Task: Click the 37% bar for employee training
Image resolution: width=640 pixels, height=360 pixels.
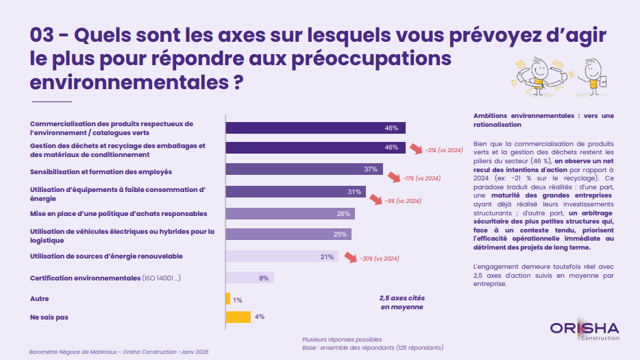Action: (304, 169)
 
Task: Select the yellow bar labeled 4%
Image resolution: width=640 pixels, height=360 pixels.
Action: (238, 317)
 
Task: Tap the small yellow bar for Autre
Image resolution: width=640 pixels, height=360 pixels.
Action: (228, 299)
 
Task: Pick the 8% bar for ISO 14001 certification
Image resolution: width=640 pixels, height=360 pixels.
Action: (250, 278)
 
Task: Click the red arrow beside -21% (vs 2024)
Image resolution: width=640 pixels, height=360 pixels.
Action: (415, 149)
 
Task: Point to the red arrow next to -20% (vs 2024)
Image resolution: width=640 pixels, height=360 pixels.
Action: (350, 259)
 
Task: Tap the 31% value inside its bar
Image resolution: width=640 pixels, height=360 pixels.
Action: (354, 191)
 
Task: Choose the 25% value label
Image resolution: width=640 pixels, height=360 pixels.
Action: (340, 235)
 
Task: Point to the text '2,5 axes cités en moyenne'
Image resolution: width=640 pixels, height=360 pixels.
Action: (402, 302)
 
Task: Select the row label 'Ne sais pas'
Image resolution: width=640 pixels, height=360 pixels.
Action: (49, 317)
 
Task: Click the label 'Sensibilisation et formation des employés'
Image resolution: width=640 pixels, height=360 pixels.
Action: (101, 171)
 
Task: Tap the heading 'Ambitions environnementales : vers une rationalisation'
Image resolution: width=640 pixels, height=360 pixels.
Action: (543, 120)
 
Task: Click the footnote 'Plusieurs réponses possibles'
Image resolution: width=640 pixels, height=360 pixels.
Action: (342, 339)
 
